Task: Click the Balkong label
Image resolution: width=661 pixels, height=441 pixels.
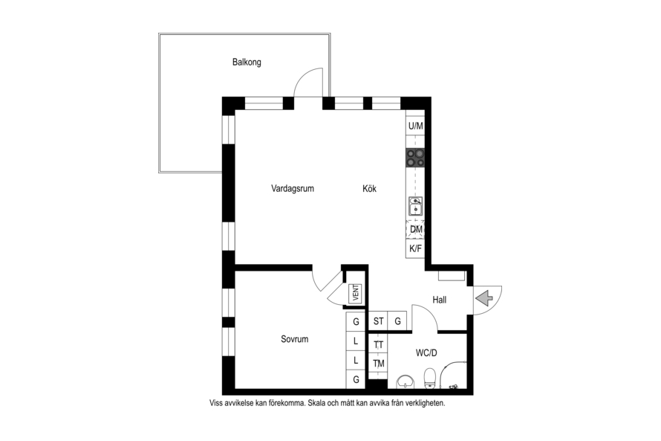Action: click(x=247, y=62)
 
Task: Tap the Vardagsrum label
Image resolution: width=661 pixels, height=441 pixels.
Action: click(x=293, y=189)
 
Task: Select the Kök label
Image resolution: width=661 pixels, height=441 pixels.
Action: click(x=369, y=189)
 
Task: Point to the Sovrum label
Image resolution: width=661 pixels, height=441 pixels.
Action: click(x=295, y=339)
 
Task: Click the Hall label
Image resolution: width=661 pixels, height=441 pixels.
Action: click(x=439, y=300)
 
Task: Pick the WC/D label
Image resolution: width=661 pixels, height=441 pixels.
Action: click(x=426, y=353)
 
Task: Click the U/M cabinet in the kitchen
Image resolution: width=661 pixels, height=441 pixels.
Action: click(x=415, y=126)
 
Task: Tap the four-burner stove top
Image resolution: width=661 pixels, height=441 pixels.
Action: click(x=415, y=158)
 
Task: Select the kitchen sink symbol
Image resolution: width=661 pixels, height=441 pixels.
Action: click(x=415, y=206)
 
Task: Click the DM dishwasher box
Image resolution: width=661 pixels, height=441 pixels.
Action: click(x=416, y=229)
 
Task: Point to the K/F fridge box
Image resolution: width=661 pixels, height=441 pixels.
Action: click(x=415, y=248)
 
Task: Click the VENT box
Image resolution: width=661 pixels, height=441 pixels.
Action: click(x=356, y=293)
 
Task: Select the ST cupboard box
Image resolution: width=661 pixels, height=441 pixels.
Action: click(x=378, y=321)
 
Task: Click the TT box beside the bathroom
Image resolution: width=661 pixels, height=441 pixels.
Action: click(x=378, y=345)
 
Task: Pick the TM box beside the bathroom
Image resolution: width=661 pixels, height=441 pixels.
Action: click(x=378, y=364)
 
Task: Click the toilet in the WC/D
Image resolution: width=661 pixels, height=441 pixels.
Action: click(x=429, y=378)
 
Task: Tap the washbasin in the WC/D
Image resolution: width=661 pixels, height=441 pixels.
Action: click(x=405, y=382)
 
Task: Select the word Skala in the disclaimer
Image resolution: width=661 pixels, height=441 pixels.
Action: click(x=317, y=403)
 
